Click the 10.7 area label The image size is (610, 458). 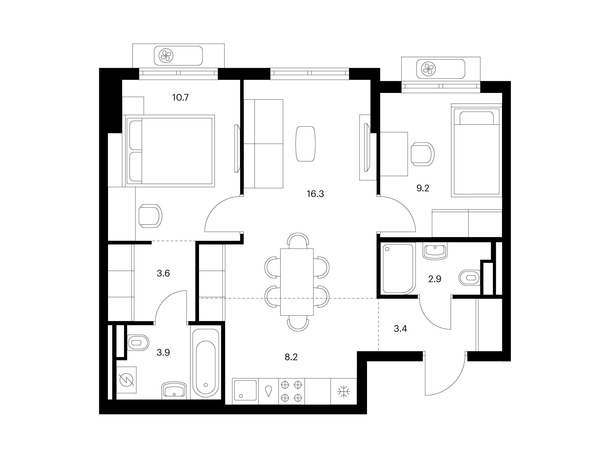point(180,97)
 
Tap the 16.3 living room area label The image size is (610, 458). point(315,194)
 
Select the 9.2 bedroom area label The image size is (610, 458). point(423,188)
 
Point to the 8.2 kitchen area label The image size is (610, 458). point(291,357)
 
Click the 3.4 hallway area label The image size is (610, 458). point(400,328)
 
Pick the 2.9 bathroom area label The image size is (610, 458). point(435,279)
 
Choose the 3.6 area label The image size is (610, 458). point(163,273)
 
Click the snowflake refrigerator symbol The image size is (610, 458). point(344,391)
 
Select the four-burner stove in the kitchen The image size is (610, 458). point(292,391)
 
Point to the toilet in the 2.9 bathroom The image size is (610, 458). point(470,277)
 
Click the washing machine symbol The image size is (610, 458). point(127,380)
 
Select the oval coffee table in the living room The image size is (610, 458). point(305,144)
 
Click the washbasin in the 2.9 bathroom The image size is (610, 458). point(435,251)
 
